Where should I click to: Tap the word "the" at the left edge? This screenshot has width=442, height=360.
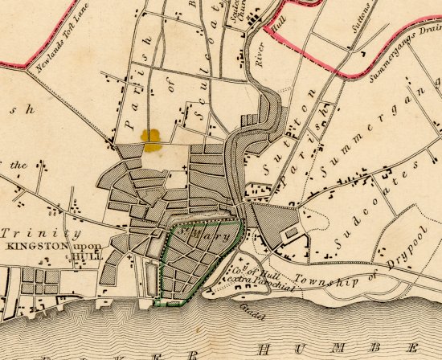point(18,165)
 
